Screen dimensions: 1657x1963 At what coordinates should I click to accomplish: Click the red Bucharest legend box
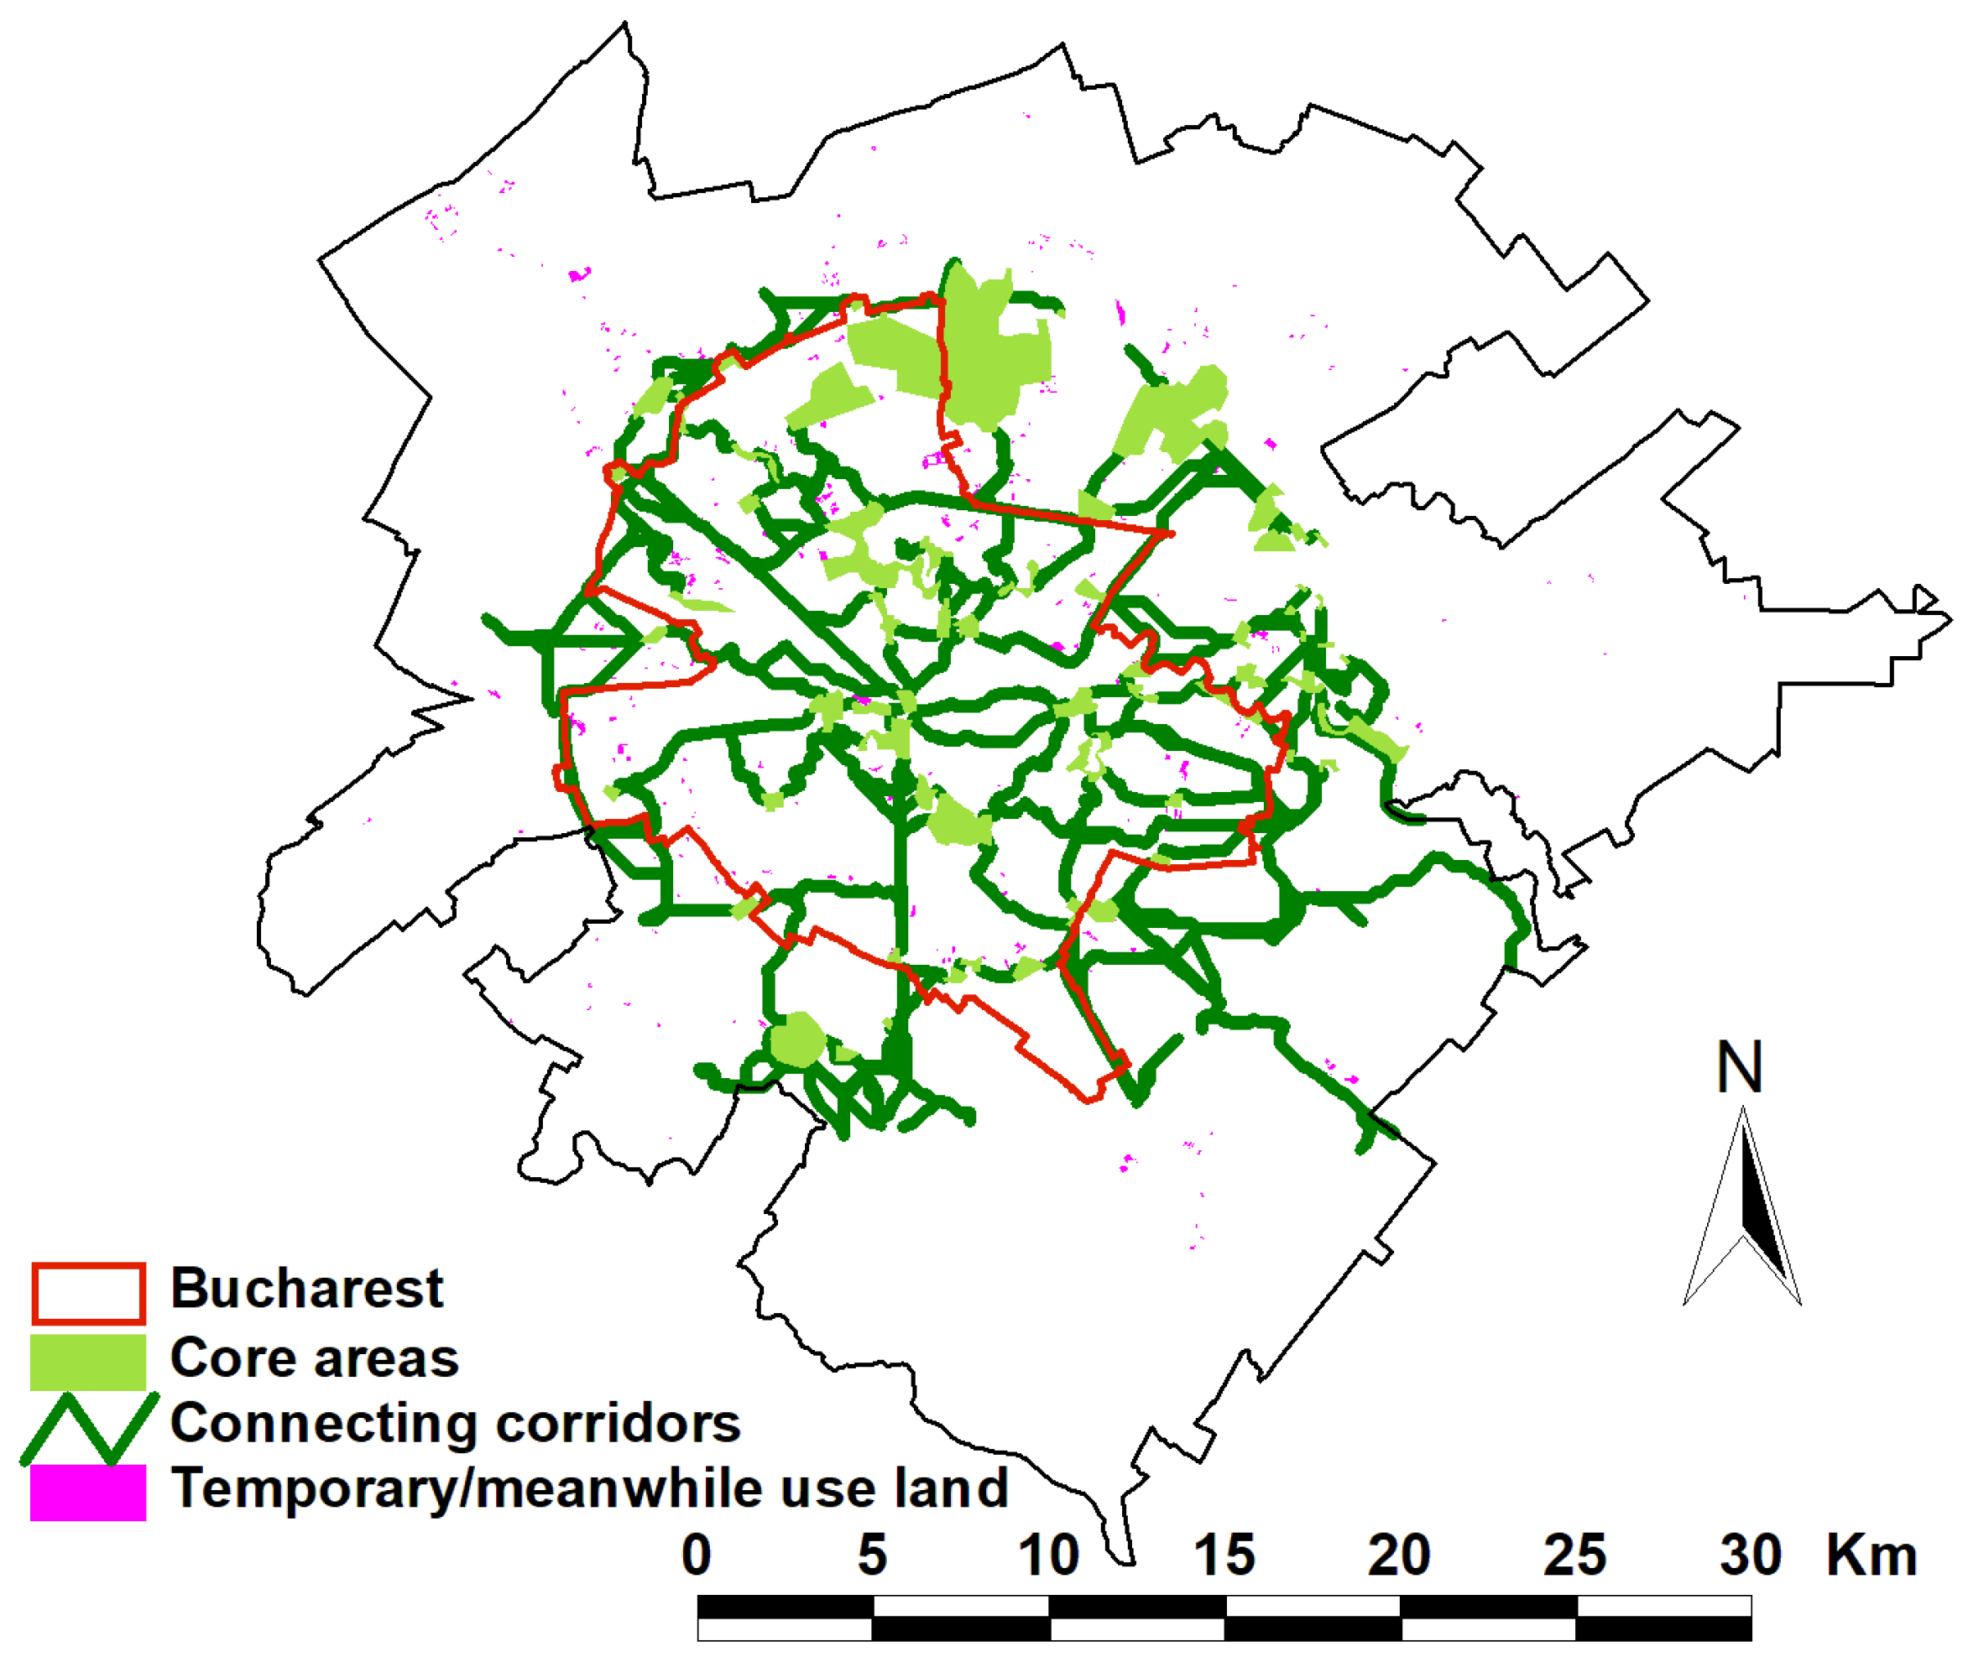click(88, 1294)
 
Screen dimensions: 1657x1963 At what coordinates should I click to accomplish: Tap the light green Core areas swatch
click(88, 1361)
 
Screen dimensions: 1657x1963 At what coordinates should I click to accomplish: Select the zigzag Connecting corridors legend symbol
click(88, 1427)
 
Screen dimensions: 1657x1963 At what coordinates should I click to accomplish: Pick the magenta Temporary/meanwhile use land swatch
click(88, 1492)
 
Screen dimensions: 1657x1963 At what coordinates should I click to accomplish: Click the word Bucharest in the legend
click(306, 1288)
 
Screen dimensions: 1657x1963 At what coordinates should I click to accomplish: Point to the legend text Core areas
click(314, 1358)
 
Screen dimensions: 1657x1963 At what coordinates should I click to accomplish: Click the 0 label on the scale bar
click(697, 1555)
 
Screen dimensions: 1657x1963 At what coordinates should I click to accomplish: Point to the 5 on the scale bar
click(872, 1555)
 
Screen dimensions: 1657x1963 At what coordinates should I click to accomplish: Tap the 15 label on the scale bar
click(1224, 1555)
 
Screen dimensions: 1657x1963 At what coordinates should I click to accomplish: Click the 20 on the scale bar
click(1399, 1555)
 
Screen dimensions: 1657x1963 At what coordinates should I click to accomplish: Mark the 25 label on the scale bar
click(1575, 1555)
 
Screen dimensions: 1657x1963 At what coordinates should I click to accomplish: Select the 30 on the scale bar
click(1751, 1555)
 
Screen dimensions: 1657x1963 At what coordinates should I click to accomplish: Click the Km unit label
click(1871, 1555)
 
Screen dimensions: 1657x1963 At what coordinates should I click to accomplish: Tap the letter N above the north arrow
click(1740, 1068)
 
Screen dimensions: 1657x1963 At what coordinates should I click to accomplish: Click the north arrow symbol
click(1743, 1211)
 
